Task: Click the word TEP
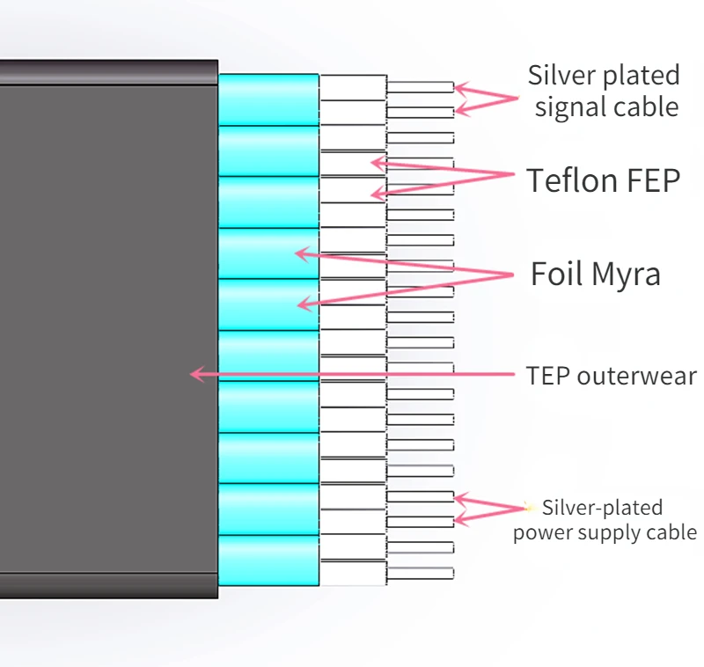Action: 547,377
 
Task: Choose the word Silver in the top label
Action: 561,76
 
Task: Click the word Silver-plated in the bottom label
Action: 602,508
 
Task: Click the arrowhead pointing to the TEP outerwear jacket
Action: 196,374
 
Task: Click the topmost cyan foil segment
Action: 268,99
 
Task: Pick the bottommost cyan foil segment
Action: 268,561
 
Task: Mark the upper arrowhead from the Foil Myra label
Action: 300,253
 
